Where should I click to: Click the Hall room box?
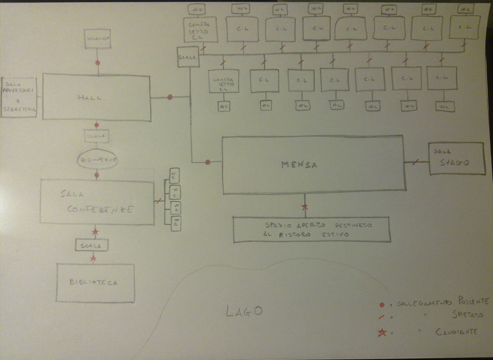[96, 97]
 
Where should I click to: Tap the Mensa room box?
[314, 164]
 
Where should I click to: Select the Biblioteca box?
[95, 283]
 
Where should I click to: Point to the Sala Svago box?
[456, 158]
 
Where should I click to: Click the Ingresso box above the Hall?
[97, 39]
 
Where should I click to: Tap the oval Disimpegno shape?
[97, 159]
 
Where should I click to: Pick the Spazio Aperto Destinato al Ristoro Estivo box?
[311, 229]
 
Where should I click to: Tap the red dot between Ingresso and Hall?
[97, 63]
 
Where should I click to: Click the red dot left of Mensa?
[208, 162]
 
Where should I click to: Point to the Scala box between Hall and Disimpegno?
[97, 136]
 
